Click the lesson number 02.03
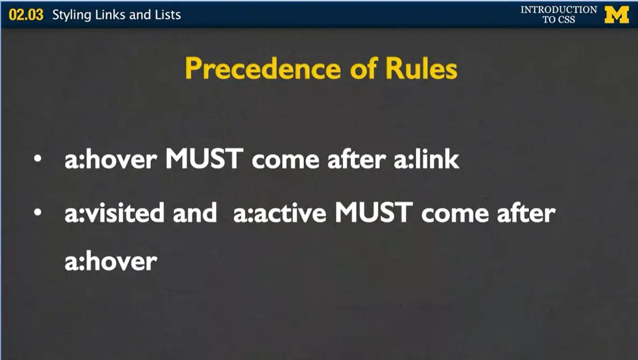tap(26, 15)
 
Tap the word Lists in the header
tap(167, 15)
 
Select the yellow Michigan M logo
tap(616, 15)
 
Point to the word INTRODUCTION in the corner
tap(558, 10)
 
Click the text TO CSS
tap(558, 20)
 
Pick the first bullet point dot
tap(37, 160)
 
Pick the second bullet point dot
tap(37, 213)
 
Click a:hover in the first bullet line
tap(111, 160)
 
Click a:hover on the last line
tap(111, 262)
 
